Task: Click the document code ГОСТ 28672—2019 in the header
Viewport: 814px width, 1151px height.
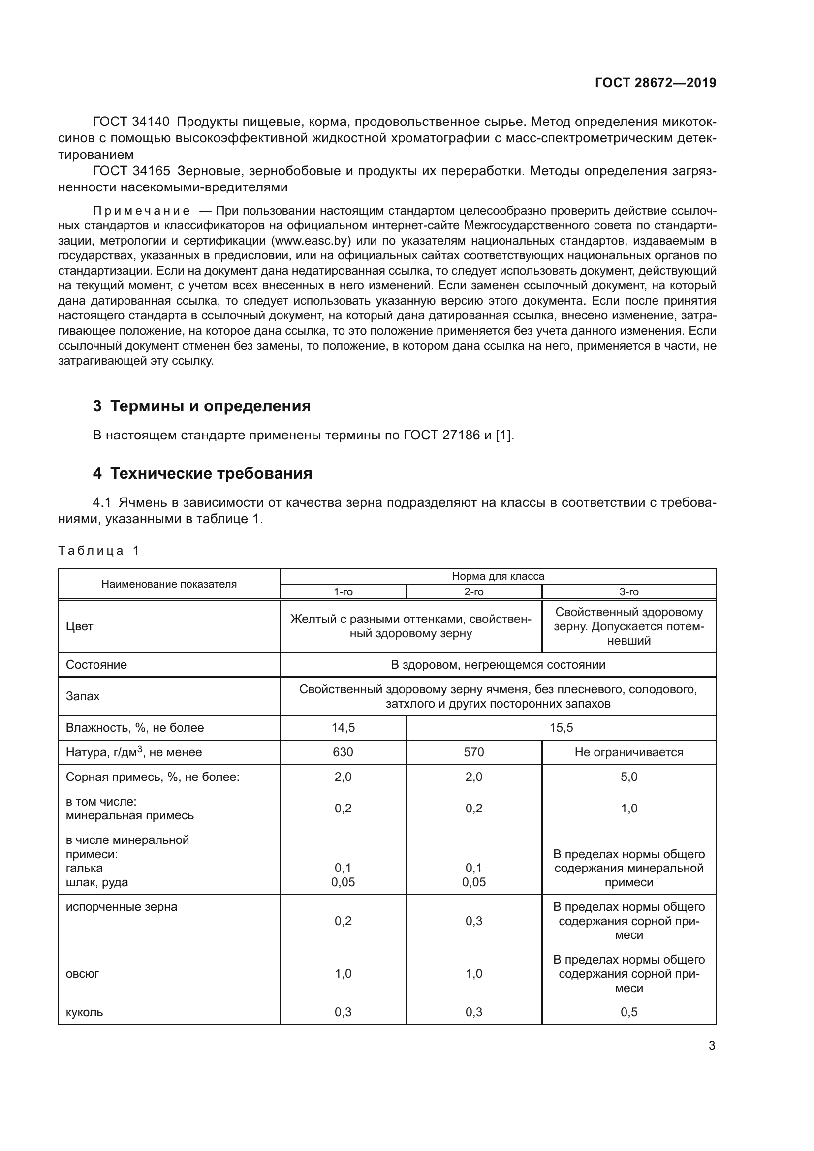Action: pos(655,83)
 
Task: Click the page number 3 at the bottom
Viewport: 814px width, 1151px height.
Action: pos(712,1046)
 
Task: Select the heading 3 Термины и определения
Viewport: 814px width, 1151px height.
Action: pos(201,406)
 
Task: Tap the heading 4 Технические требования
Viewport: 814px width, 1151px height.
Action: pos(202,474)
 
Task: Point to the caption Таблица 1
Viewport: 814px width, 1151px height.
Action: pos(98,551)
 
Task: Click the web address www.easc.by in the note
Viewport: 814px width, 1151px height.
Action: pos(310,241)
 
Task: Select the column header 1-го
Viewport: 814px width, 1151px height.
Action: pos(344,592)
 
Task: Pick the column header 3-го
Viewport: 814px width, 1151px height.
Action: pos(628,592)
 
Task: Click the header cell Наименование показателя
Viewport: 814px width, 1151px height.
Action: pos(169,584)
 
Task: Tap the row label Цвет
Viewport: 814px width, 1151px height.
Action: pos(79,626)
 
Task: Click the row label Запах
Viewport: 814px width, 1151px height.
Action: pos(83,696)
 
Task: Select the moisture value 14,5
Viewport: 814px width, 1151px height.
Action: pos(344,728)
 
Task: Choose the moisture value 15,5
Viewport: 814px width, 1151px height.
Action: pos(561,728)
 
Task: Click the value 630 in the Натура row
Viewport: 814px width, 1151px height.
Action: pos(344,752)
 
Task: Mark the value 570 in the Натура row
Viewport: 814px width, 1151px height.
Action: pos(473,752)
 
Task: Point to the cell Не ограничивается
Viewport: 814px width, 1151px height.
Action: pos(628,752)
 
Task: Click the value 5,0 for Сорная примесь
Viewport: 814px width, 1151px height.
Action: pos(628,777)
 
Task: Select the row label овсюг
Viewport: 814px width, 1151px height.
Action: pos(82,973)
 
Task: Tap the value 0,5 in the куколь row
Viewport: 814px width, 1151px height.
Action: pos(628,1012)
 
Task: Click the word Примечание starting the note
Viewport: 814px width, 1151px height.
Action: pos(141,211)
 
